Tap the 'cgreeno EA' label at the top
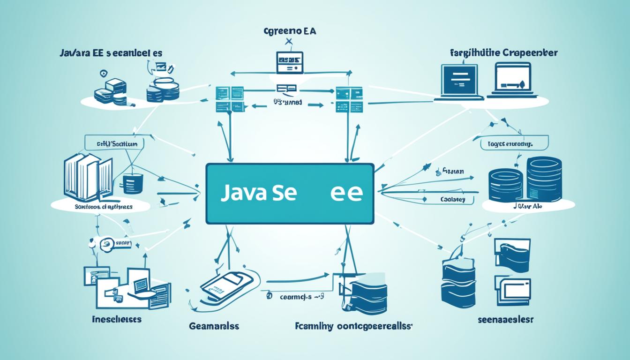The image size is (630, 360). (x=289, y=32)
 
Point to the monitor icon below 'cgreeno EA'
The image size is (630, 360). (x=288, y=63)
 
